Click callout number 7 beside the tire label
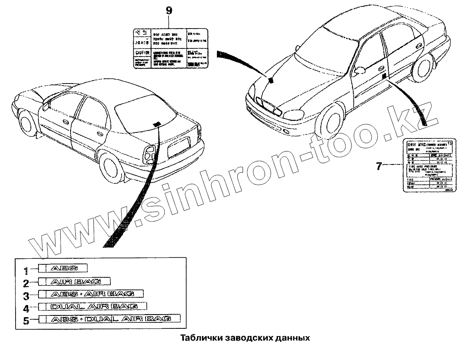(379, 166)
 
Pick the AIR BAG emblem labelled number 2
(74, 282)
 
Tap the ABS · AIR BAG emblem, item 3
(91, 294)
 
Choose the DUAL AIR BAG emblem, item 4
(93, 307)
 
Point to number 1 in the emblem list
(26, 271)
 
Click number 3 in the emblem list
(26, 296)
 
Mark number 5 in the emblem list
(26, 321)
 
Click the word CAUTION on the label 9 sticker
(142, 53)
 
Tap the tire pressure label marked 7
(428, 165)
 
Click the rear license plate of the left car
(178, 146)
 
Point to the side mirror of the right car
(359, 70)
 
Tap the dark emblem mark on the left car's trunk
(157, 124)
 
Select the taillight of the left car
(150, 153)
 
